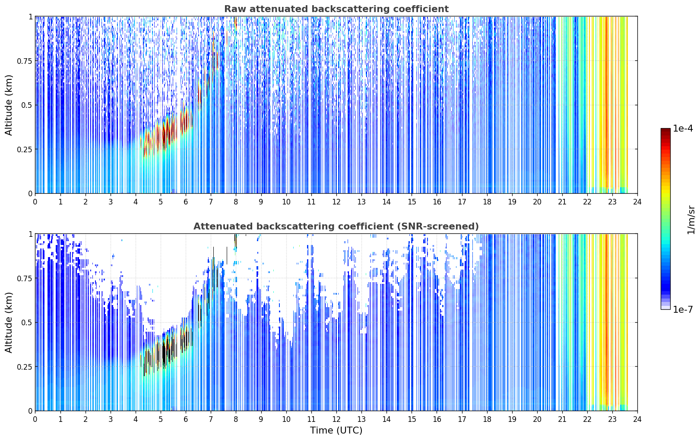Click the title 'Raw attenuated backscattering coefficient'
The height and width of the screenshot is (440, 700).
click(x=336, y=9)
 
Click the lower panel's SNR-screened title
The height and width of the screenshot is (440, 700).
click(x=336, y=226)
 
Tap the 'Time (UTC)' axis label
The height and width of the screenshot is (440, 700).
click(x=336, y=431)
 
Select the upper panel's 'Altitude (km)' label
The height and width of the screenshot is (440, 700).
click(x=9, y=105)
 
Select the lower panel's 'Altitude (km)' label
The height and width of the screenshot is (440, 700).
click(x=9, y=322)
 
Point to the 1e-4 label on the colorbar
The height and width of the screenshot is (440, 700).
click(x=683, y=128)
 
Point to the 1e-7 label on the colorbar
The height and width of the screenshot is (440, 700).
click(x=683, y=310)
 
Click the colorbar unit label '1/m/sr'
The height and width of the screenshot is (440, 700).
click(x=691, y=220)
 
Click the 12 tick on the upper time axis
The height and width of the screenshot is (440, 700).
click(x=336, y=202)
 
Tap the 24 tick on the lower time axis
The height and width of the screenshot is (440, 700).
click(x=637, y=419)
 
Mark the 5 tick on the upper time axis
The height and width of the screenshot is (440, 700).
click(x=161, y=202)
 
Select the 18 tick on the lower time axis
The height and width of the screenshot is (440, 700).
click(x=487, y=419)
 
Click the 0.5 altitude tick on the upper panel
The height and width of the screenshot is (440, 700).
click(x=27, y=105)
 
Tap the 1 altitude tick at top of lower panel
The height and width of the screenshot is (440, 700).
click(x=30, y=234)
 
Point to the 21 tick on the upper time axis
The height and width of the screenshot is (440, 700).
click(x=562, y=202)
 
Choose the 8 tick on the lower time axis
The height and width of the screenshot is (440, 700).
click(x=236, y=419)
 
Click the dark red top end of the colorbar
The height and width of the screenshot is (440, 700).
click(x=665, y=130)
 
